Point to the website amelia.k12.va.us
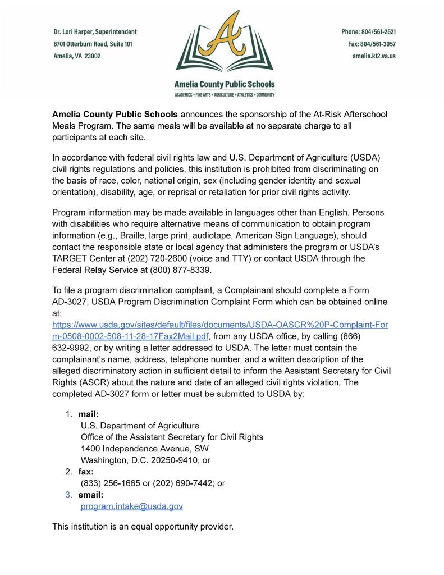point(374,56)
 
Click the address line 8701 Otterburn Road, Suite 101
point(93,44)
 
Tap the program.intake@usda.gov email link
point(132,506)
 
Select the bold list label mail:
point(88,414)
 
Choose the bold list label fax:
point(86,472)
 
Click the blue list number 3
point(68,495)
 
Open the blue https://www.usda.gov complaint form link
point(219,325)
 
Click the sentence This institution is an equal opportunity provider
point(142,527)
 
